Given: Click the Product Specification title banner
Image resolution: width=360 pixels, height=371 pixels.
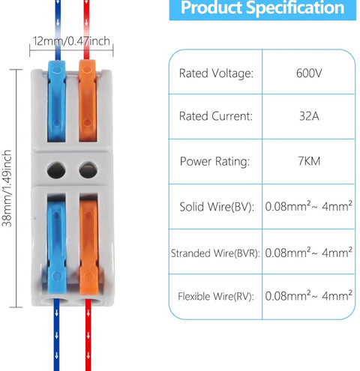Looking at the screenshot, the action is pyautogui.click(x=262, y=8).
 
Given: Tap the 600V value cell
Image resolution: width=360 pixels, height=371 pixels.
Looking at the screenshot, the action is pyautogui.click(x=309, y=73).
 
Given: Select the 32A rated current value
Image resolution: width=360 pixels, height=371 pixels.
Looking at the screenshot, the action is pyautogui.click(x=309, y=116).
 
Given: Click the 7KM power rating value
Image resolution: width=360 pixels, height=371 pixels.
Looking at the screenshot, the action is pyautogui.click(x=309, y=161).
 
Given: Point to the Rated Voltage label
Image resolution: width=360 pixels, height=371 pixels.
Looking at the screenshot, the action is pyautogui.click(x=216, y=73).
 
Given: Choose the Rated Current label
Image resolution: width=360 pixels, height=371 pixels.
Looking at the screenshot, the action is pyautogui.click(x=216, y=116).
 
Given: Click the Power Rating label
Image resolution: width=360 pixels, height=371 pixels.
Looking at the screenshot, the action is pyautogui.click(x=214, y=161).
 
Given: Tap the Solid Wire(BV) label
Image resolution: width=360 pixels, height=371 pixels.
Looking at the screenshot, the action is pyautogui.click(x=217, y=207).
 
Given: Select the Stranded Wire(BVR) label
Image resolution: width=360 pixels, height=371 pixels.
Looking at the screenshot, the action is pyautogui.click(x=215, y=253).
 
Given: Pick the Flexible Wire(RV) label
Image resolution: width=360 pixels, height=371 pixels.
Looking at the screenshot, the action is pyautogui.click(x=216, y=297).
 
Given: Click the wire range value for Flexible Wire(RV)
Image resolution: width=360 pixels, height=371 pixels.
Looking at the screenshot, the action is pyautogui.click(x=309, y=295).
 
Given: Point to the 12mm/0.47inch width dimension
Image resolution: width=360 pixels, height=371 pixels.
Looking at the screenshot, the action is pyautogui.click(x=71, y=41).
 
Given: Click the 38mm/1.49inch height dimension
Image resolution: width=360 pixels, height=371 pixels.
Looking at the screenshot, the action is pyautogui.click(x=7, y=188).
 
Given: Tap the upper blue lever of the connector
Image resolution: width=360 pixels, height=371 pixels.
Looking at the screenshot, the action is pyautogui.click(x=57, y=101).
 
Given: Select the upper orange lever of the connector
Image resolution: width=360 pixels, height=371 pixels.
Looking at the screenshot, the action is pyautogui.click(x=88, y=100).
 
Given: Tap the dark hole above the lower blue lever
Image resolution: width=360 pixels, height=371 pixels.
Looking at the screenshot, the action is pyautogui.click(x=56, y=170).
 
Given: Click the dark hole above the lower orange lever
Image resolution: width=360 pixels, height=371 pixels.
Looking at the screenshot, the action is pyautogui.click(x=88, y=170).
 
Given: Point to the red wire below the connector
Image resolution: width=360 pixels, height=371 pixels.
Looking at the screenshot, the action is pyautogui.click(x=88, y=335).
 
